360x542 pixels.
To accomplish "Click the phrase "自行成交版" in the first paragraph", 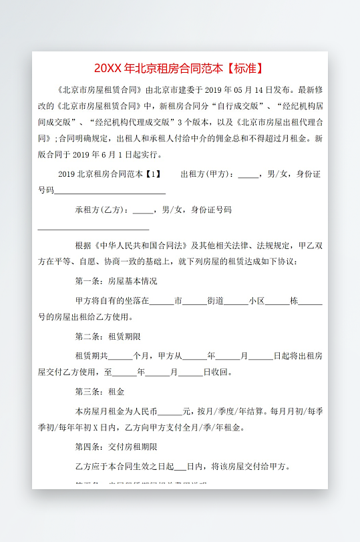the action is (x=238, y=105).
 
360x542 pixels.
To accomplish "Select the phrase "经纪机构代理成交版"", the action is (x=136, y=122).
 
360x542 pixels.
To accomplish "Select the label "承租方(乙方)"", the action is (x=102, y=210).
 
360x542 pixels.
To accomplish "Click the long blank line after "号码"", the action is (x=110, y=192).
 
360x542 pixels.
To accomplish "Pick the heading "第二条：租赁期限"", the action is (x=108, y=336).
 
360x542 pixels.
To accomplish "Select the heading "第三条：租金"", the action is (x=100, y=391).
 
